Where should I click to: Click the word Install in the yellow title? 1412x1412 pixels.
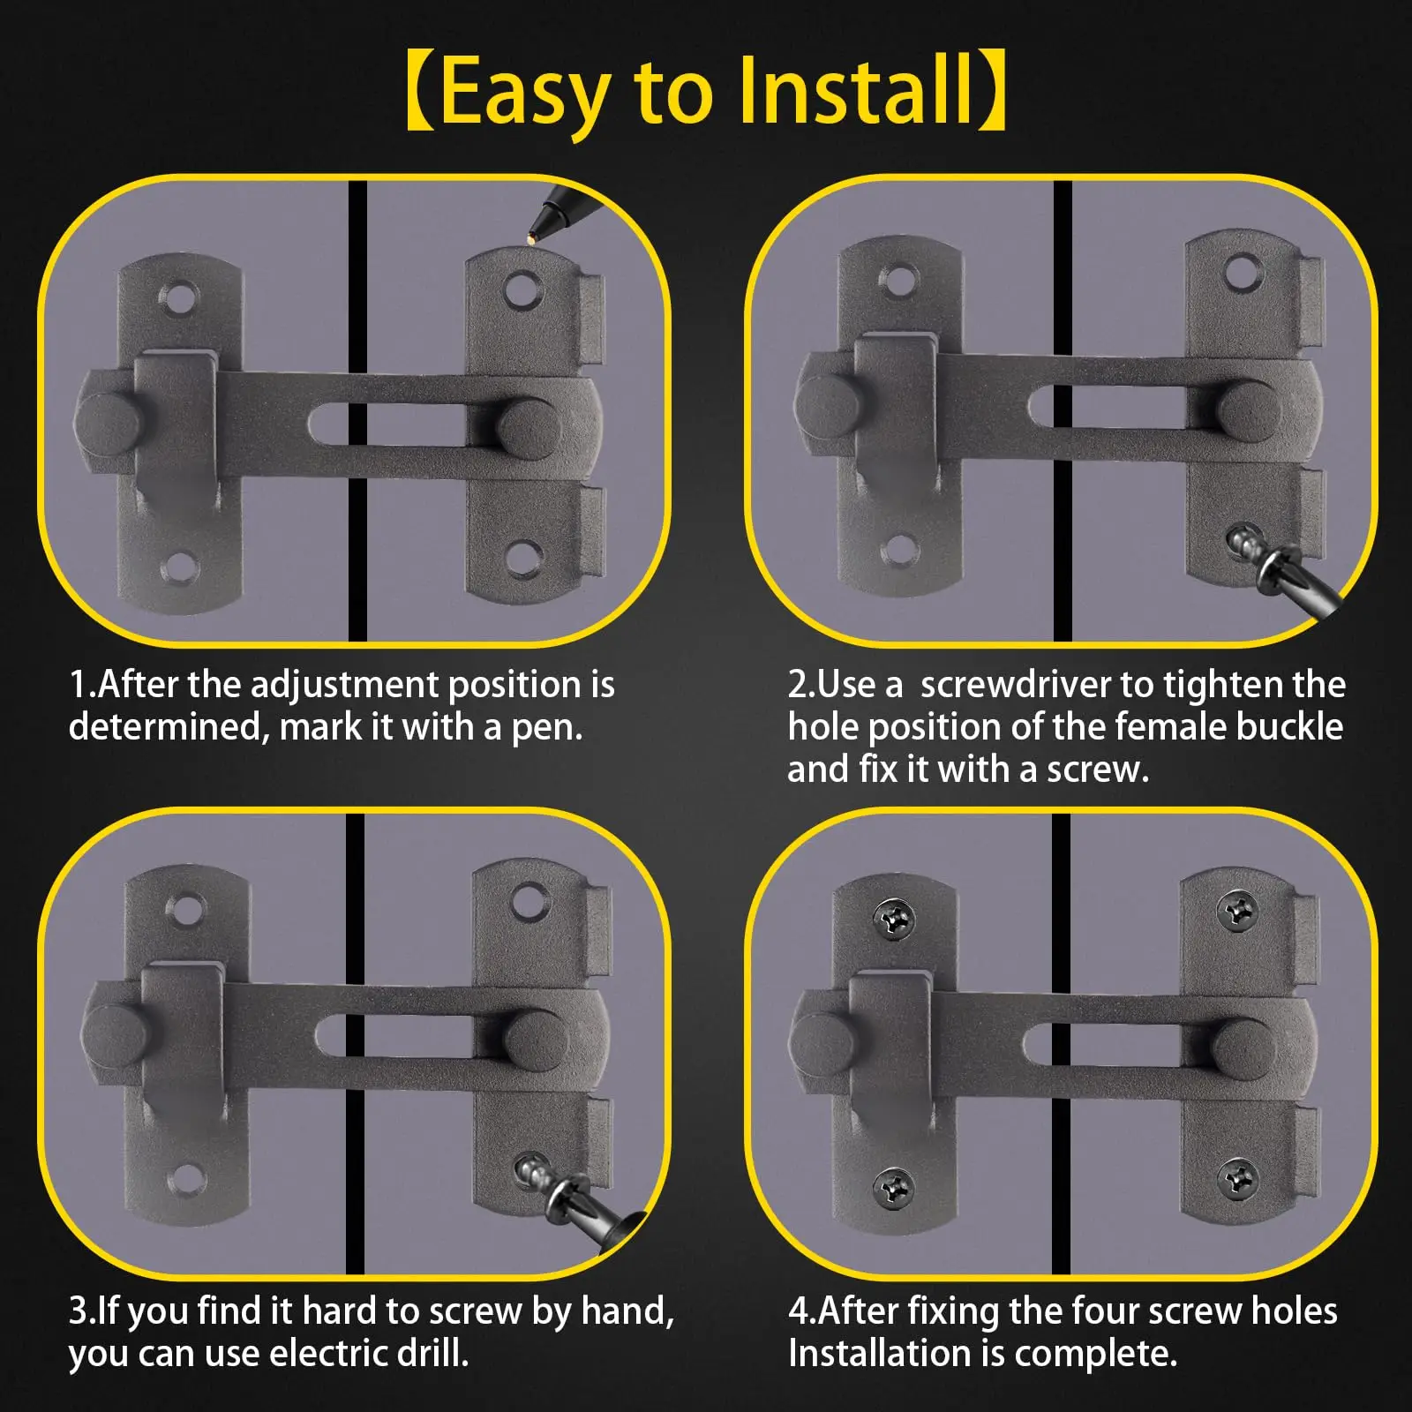point(855,90)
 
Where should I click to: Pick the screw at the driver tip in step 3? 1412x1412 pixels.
point(532,1171)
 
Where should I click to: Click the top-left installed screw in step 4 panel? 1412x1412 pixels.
point(894,920)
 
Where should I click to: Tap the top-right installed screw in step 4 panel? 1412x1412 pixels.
point(1237,910)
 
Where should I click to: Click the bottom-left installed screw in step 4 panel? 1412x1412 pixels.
point(894,1187)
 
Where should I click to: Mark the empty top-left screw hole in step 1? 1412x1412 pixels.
point(180,299)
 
